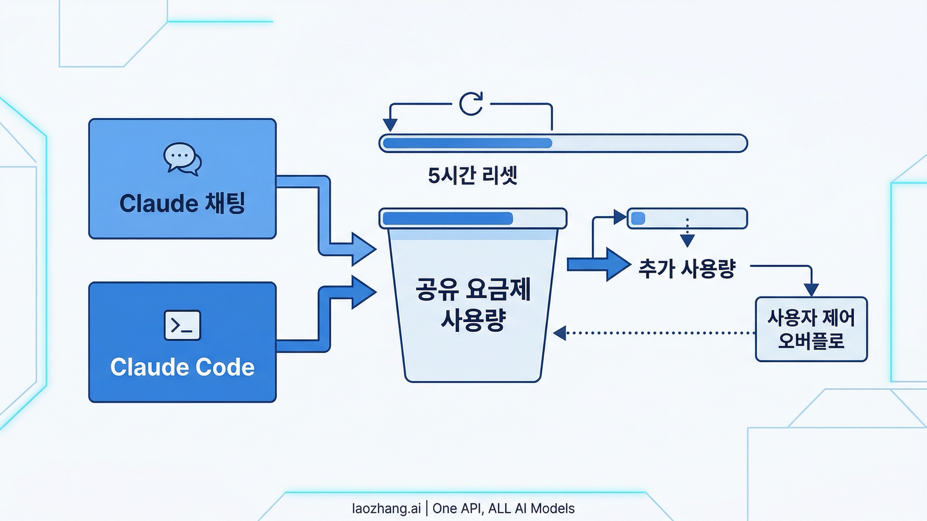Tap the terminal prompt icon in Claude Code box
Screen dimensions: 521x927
[182, 325]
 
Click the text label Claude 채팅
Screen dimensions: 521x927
[182, 203]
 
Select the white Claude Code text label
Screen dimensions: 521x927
[182, 367]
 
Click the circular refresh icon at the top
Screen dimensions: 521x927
[471, 103]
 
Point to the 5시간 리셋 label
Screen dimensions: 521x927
[472, 176]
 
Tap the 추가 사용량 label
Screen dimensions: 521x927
[687, 269]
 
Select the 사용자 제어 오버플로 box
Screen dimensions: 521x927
[811, 329]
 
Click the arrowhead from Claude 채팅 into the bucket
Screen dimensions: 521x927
[363, 249]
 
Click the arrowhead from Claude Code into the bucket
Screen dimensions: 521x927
[363, 292]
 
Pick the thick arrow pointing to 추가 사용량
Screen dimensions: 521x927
[599, 264]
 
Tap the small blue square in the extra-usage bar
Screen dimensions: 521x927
[638, 218]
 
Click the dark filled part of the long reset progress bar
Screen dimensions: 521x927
[467, 143]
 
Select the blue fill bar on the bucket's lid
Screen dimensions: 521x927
[447, 218]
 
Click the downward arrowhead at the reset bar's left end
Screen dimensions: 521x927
[390, 124]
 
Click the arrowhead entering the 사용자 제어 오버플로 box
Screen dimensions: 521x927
[811, 289]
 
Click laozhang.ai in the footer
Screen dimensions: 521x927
[386, 508]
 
